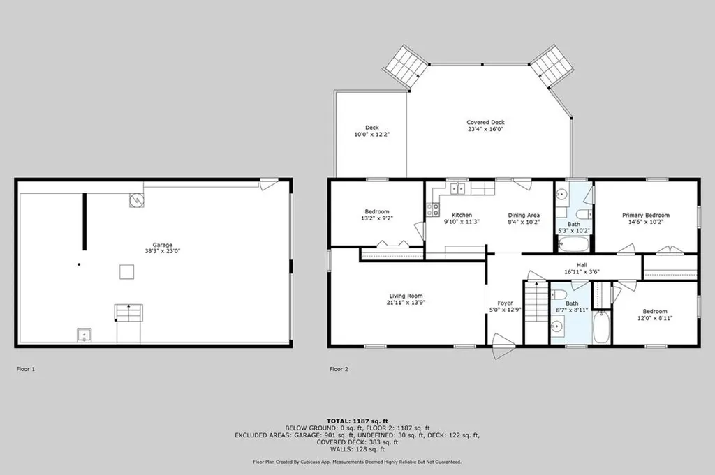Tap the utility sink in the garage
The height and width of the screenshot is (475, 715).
coord(84,336)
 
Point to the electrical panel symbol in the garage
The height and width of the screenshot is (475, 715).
coord(136,199)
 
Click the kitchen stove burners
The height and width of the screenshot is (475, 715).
coord(433,208)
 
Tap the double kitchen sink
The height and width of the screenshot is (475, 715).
coord(457,188)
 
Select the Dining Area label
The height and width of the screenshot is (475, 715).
coord(523,215)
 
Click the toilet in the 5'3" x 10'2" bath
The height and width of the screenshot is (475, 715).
coord(584,214)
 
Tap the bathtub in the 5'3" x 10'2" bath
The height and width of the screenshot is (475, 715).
coord(573,244)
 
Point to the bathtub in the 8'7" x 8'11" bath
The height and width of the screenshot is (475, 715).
coord(601,326)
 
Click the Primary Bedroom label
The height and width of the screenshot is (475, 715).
coord(645,215)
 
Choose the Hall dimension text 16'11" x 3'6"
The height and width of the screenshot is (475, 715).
coord(581,273)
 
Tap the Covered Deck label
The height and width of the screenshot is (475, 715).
coord(485,122)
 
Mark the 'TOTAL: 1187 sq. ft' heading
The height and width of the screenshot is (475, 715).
coord(357,421)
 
